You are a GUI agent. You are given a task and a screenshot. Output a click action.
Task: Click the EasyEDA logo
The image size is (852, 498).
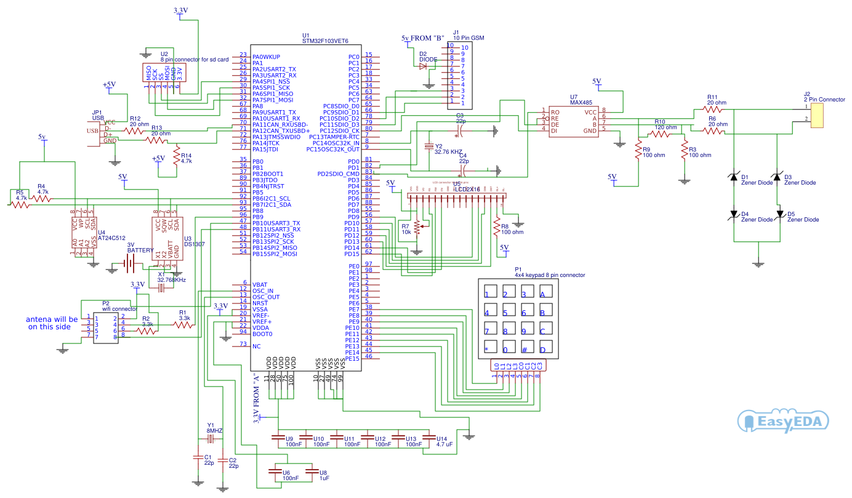782,422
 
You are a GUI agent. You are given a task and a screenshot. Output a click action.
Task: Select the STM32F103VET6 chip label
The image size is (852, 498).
325,41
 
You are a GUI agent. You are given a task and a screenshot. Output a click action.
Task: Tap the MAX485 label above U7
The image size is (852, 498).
582,103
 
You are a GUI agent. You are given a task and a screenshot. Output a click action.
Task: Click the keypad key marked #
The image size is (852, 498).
524,348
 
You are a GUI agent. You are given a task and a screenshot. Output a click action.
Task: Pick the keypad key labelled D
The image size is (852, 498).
542,348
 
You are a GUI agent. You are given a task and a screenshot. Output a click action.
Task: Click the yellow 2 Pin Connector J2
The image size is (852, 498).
818,115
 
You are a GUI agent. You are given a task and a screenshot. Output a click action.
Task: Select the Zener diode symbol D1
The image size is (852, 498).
733,177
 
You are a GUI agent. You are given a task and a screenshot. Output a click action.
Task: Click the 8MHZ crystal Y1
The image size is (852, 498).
210,439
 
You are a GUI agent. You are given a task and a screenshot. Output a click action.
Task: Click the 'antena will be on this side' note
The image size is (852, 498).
52,323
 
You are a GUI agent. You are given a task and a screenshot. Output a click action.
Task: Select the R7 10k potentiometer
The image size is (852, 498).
417,227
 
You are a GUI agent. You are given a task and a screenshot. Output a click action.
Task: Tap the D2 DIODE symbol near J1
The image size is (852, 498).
423,66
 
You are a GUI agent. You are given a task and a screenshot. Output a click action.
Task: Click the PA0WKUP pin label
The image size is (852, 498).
266,57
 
